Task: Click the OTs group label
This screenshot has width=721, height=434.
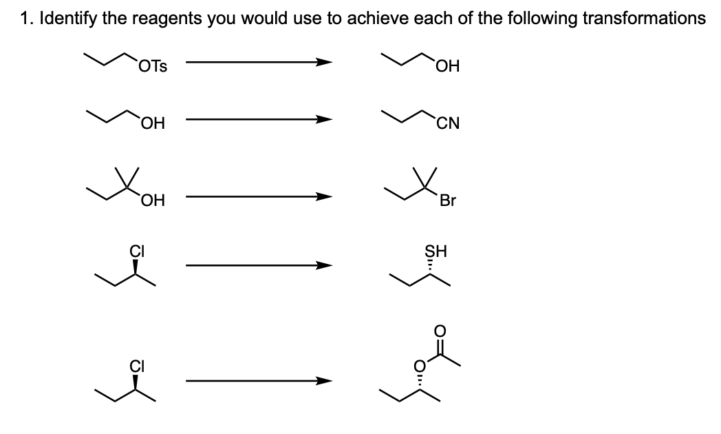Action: point(152,67)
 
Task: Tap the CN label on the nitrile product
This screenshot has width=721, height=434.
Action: point(447,125)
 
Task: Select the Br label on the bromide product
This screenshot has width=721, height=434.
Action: point(448,203)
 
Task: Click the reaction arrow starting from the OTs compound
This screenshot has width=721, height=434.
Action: point(259,63)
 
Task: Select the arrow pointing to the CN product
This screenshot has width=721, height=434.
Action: point(259,119)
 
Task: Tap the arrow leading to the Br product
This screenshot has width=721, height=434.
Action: point(259,197)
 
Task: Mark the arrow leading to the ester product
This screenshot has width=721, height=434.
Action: point(259,380)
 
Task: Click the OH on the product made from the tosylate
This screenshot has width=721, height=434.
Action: point(447,67)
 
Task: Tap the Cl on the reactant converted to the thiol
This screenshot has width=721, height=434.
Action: point(135,251)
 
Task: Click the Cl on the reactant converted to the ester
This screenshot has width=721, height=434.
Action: point(135,366)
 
